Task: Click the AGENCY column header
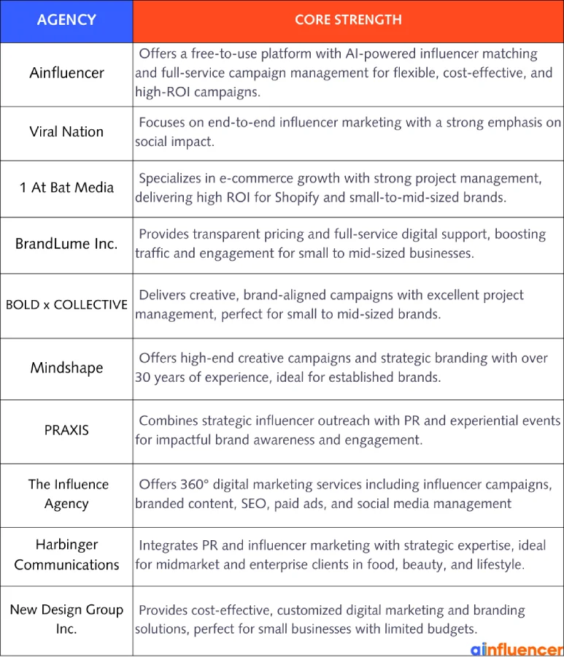[66, 20]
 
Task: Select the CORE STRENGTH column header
[348, 20]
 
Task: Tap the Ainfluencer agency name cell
[66, 73]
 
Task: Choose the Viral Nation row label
[66, 132]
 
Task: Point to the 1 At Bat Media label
[66, 188]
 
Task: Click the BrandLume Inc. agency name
[66, 244]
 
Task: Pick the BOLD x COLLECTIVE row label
[66, 304]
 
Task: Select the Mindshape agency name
[66, 368]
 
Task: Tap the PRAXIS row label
[66, 430]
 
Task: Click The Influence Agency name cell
[66, 493]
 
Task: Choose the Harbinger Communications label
[66, 555]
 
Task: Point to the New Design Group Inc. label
[66, 618]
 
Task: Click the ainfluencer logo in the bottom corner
[517, 649]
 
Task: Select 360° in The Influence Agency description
[198, 485]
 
